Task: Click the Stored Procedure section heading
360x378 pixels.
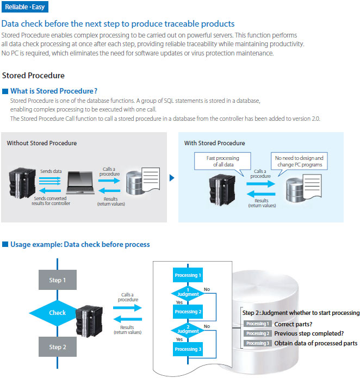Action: [x=33, y=76]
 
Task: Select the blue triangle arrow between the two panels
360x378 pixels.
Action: [x=172, y=177]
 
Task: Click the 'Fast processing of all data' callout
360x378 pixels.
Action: [x=223, y=162]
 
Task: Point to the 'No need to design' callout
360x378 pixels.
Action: [x=299, y=162]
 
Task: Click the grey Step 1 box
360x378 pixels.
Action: [x=55, y=280]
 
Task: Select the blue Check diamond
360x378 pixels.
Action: [x=57, y=313]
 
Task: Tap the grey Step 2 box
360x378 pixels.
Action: [x=55, y=347]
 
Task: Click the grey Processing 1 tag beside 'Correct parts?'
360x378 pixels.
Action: [x=257, y=324]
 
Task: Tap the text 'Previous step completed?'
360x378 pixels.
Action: [x=309, y=333]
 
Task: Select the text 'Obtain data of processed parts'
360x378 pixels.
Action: [x=315, y=343]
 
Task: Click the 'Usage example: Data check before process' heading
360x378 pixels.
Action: [x=79, y=245]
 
